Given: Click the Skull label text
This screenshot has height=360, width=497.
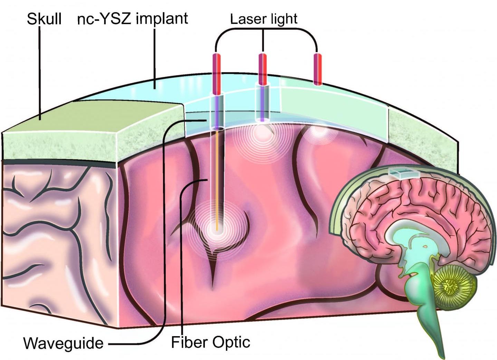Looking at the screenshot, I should (44, 18).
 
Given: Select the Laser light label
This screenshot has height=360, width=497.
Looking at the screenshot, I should (264, 19).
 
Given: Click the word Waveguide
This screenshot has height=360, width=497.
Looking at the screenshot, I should (63, 343).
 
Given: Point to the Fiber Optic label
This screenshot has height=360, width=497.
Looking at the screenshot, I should (211, 342).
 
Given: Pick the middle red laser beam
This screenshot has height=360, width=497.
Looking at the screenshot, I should (262, 69).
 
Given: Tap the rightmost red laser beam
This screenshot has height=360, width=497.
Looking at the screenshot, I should (317, 69).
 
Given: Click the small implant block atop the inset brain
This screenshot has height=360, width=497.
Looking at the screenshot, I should (403, 172).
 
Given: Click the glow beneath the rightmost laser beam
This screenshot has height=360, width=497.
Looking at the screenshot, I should (318, 131).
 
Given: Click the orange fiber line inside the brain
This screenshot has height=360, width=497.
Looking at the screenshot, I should (217, 180).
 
